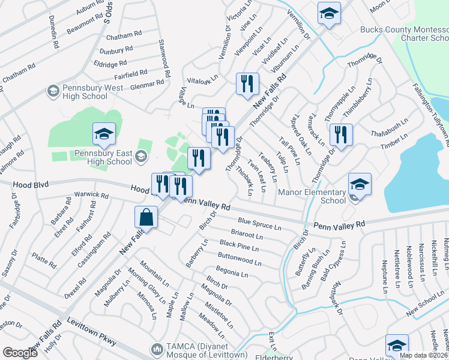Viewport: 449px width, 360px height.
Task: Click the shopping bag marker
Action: point(146,217)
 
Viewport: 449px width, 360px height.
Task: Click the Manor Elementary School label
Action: point(313,196)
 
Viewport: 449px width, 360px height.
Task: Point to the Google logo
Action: point(20,353)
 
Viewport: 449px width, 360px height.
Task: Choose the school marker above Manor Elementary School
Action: point(360,184)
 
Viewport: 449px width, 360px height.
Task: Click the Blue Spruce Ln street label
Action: point(259,224)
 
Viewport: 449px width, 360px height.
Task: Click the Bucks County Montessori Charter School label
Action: point(404,34)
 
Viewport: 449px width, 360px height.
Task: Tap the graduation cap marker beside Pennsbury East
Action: point(104,134)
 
